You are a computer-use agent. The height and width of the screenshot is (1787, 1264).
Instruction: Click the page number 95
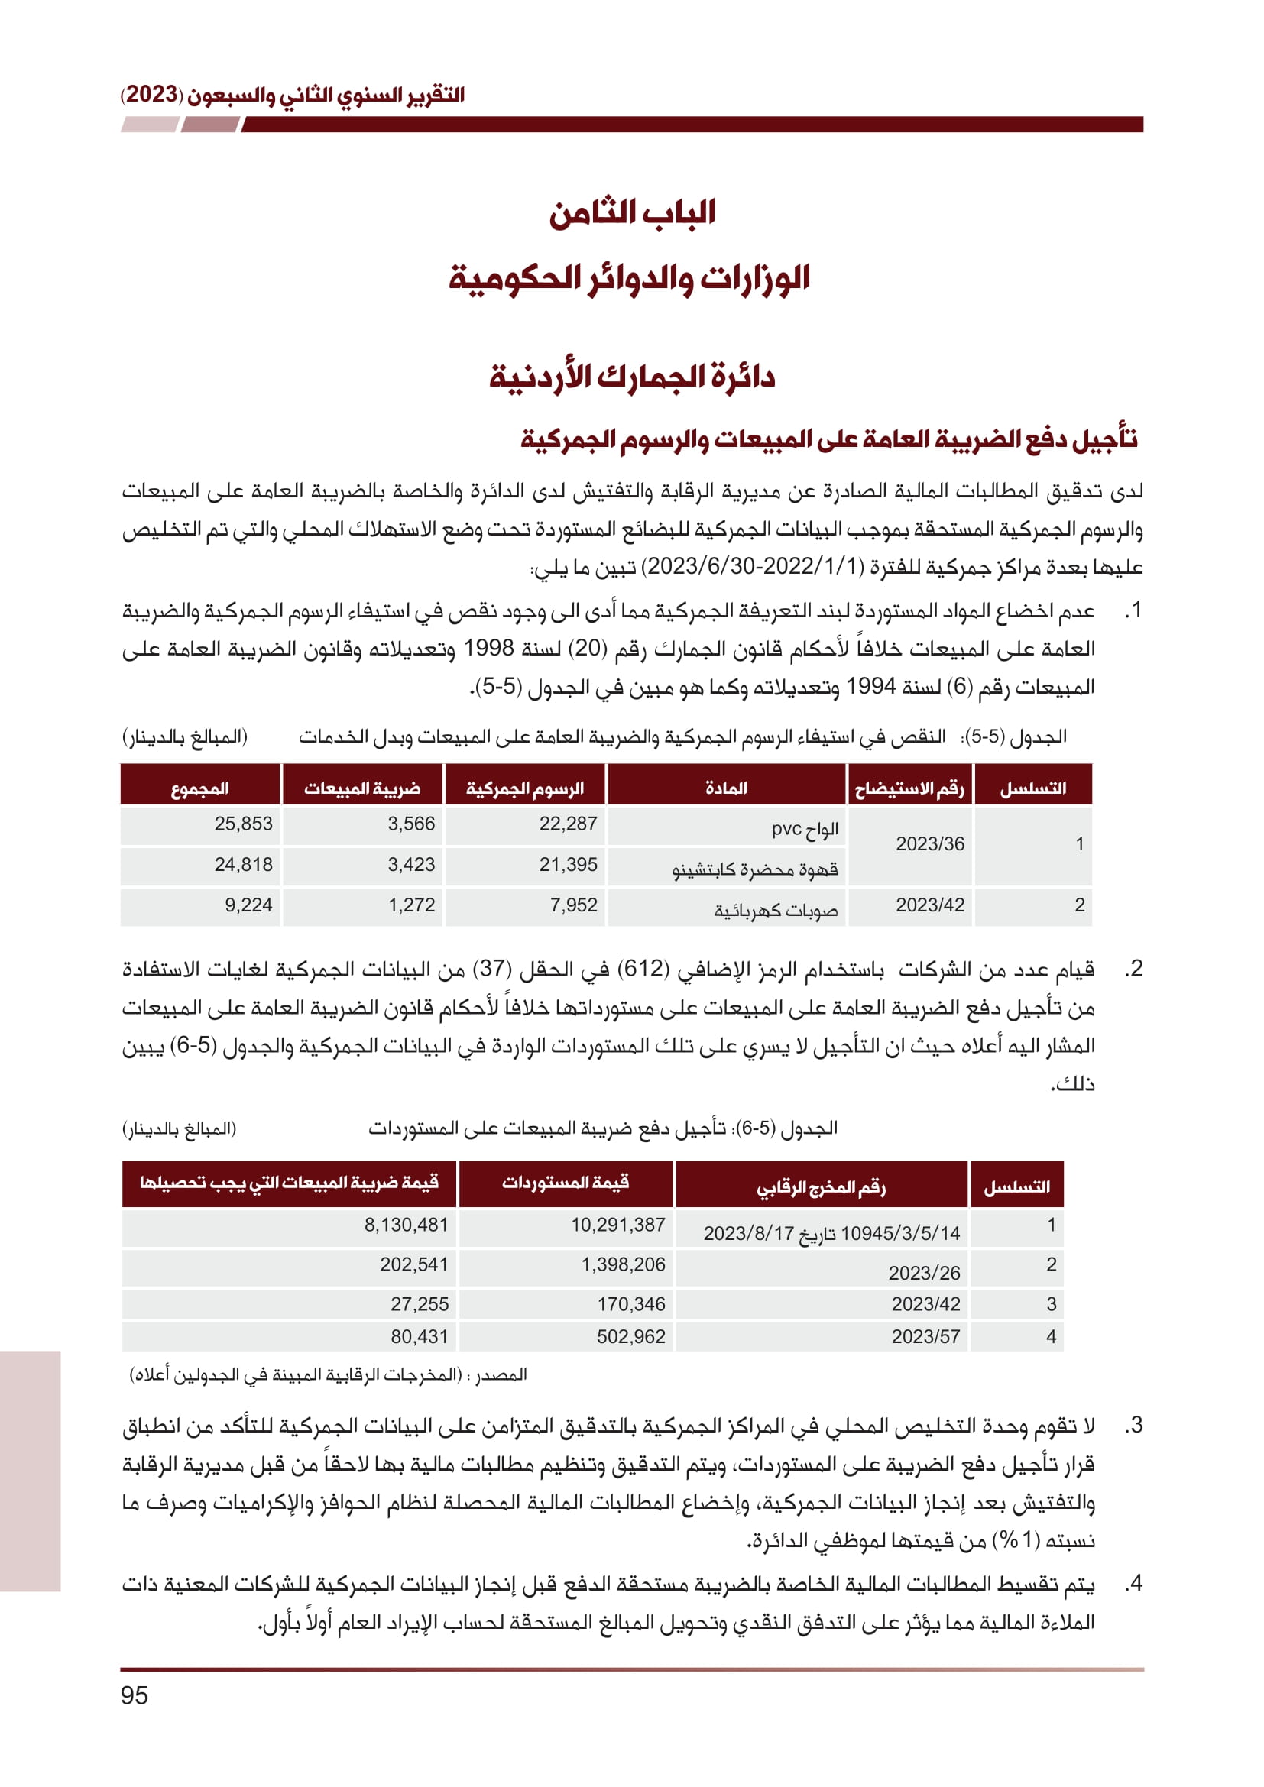pos(134,1696)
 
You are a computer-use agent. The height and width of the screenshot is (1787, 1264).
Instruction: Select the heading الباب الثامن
pos(632,212)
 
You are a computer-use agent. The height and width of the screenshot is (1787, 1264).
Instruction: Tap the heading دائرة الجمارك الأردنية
pos(632,377)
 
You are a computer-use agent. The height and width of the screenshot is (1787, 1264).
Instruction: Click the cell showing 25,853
pos(243,824)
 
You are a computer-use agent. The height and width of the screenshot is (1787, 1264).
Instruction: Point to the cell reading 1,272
pos(411,905)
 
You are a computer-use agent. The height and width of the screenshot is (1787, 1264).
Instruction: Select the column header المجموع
pos(200,788)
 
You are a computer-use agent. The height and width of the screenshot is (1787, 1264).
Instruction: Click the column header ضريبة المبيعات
pos(362,788)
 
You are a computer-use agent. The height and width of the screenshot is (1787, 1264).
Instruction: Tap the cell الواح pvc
pos(805,828)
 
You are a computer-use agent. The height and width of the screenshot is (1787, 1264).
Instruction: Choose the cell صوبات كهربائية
pos(776,909)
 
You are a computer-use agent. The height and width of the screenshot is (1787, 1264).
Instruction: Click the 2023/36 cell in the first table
pos(929,843)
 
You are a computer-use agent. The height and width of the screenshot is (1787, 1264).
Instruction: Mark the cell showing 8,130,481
pos(407,1224)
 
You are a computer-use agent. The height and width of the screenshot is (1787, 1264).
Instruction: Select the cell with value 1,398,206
pos(623,1264)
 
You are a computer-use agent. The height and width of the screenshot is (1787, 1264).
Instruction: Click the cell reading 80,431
pos(419,1336)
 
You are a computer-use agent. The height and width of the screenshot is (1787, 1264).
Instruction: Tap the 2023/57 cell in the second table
pos(925,1336)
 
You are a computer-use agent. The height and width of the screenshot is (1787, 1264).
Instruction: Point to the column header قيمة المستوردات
pos(565,1183)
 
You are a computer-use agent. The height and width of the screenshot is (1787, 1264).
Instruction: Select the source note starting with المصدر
pos(329,1375)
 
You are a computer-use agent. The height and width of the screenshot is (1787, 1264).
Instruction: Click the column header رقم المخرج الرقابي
pos(821,1187)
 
